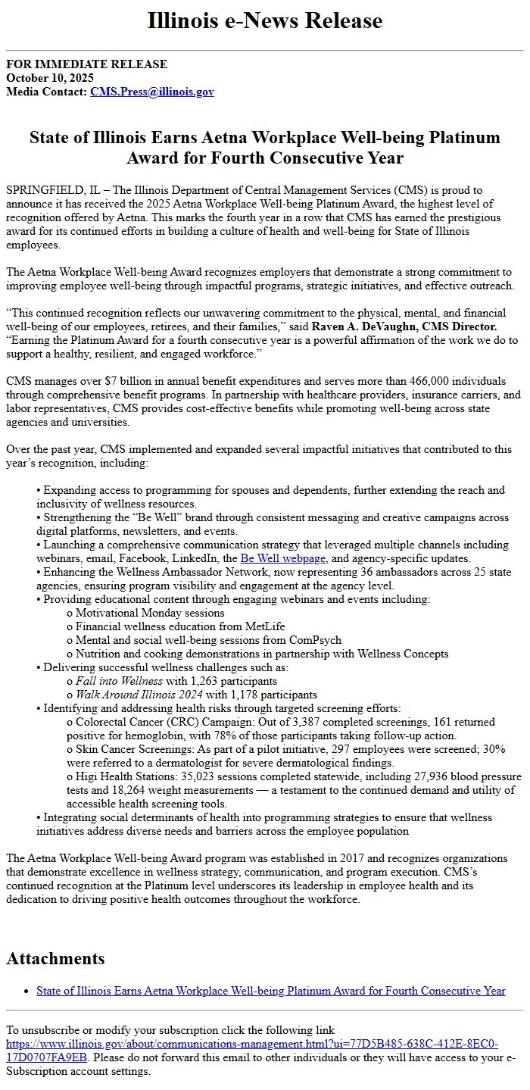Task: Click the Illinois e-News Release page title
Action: pyautogui.click(x=265, y=20)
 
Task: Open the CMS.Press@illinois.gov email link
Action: pyautogui.click(x=152, y=92)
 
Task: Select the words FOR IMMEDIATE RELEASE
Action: pyautogui.click(x=86, y=64)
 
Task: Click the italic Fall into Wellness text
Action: pyautogui.click(x=120, y=681)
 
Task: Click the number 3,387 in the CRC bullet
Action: pyautogui.click(x=292, y=722)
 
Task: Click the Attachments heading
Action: pyautogui.click(x=55, y=959)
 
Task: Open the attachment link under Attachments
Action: pyautogui.click(x=270, y=991)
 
